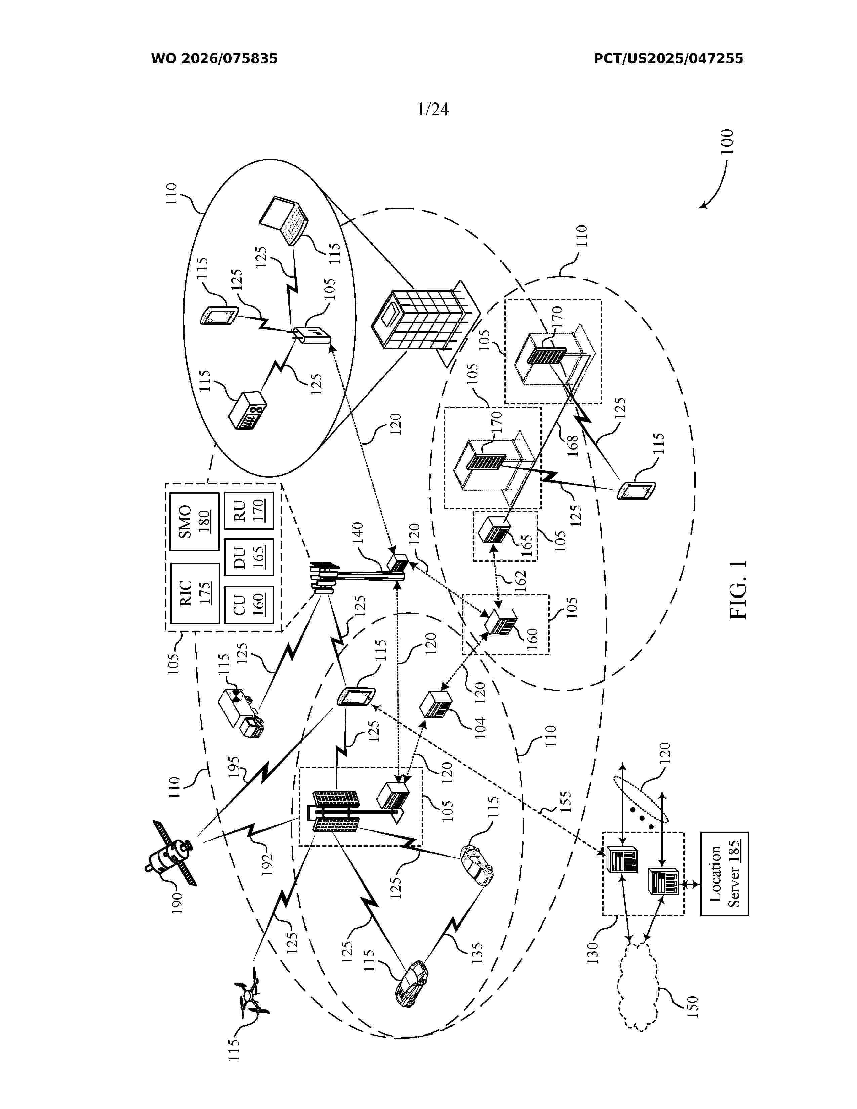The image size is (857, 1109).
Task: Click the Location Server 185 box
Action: coord(725,874)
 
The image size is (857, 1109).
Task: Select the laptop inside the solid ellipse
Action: coord(285,219)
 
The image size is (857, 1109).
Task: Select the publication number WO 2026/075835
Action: coord(214,59)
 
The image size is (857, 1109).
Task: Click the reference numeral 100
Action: coord(727,142)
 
